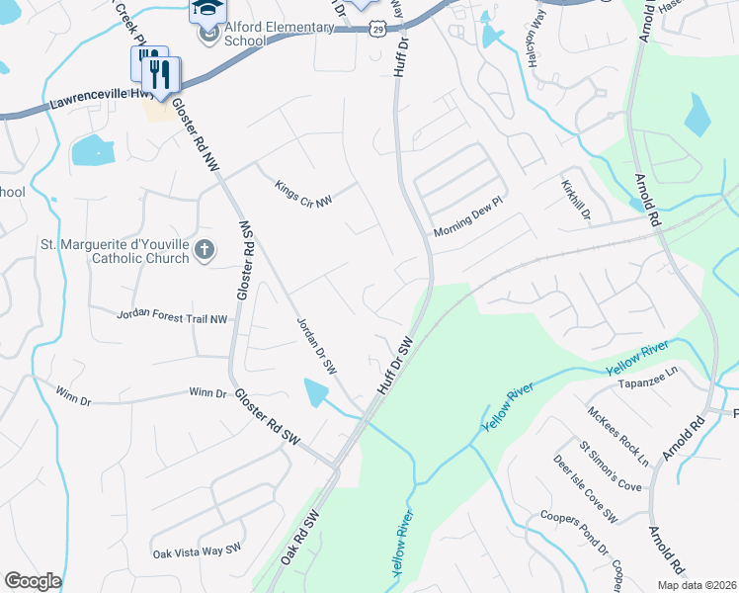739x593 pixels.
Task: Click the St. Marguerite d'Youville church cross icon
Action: (x=205, y=249)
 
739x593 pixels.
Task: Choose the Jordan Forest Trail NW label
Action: (x=172, y=316)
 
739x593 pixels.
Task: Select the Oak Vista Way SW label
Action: (x=197, y=549)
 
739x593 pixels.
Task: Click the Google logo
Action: (x=33, y=581)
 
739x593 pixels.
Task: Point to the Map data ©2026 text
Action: (x=696, y=585)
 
